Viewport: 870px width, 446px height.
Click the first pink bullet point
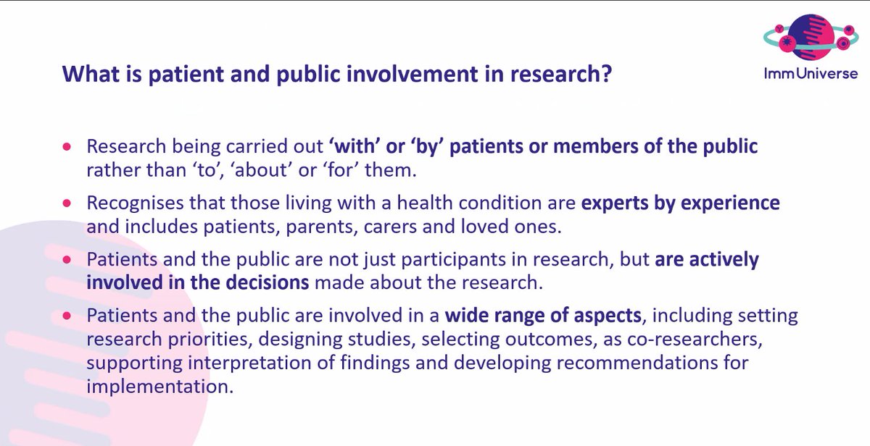click(x=67, y=146)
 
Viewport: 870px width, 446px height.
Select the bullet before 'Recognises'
click(x=67, y=203)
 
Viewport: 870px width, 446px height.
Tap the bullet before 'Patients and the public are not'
click(x=67, y=259)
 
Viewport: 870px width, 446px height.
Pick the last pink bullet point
click(x=67, y=316)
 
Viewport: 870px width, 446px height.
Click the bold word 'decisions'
click(x=268, y=282)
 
